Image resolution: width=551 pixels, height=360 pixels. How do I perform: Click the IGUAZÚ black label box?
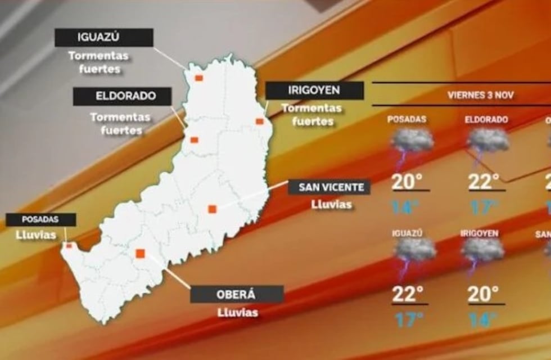104,38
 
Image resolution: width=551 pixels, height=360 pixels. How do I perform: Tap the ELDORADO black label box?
122,96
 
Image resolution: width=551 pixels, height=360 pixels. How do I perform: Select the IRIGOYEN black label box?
314,91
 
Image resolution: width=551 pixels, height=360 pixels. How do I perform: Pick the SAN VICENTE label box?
329,187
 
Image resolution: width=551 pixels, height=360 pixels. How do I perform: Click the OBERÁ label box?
237,294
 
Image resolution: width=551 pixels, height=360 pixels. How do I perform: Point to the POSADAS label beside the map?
41,219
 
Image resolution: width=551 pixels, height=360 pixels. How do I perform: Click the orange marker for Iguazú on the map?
198,78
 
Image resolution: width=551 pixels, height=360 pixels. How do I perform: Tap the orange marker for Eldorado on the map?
194,140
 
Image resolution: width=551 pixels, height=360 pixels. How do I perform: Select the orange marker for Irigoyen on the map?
259,121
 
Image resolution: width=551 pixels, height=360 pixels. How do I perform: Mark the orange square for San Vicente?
212,209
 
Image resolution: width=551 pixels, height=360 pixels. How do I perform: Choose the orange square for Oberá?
141,253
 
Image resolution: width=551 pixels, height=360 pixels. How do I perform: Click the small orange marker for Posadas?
69,245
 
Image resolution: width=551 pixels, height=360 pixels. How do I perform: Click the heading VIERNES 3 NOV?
481,94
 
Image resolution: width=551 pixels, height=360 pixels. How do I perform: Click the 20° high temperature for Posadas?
408,182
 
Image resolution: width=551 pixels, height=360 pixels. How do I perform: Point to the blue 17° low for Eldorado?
484,208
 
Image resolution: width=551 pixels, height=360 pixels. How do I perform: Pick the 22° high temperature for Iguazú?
408,294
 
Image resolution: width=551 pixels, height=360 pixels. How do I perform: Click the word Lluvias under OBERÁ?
237,312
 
